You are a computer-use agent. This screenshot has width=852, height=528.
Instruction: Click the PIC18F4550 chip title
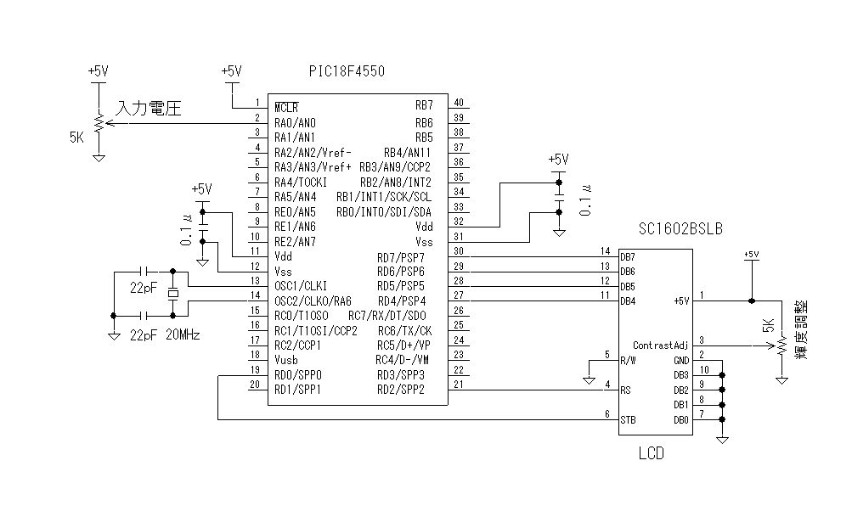(347, 72)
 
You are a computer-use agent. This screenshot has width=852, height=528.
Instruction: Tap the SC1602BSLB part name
(680, 229)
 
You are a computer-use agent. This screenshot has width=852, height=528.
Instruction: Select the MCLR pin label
(286, 107)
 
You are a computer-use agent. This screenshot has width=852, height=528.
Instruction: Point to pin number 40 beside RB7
(459, 103)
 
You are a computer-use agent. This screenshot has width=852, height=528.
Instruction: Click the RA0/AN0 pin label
(295, 122)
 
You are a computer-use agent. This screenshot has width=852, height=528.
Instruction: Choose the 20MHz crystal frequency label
(183, 335)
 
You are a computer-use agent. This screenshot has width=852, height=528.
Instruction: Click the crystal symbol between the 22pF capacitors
(173, 294)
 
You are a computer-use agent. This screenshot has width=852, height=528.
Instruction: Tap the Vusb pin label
(287, 360)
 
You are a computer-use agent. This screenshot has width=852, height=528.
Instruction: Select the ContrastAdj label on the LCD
(659, 345)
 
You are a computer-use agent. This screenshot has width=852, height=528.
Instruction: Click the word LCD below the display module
(651, 454)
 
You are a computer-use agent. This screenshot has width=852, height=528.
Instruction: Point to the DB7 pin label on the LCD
(628, 256)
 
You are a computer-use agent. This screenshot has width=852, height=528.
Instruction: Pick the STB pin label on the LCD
(628, 420)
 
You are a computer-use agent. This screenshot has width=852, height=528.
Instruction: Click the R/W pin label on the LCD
(629, 360)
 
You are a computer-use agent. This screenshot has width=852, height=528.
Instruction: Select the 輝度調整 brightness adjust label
(801, 329)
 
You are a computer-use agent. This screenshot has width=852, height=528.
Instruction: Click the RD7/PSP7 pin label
(400, 256)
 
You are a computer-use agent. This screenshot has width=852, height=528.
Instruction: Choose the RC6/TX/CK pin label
(404, 330)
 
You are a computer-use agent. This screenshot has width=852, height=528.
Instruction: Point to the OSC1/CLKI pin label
(301, 286)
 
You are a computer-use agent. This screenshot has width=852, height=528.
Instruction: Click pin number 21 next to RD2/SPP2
(459, 385)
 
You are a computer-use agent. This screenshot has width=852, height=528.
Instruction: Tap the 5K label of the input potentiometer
(76, 135)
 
